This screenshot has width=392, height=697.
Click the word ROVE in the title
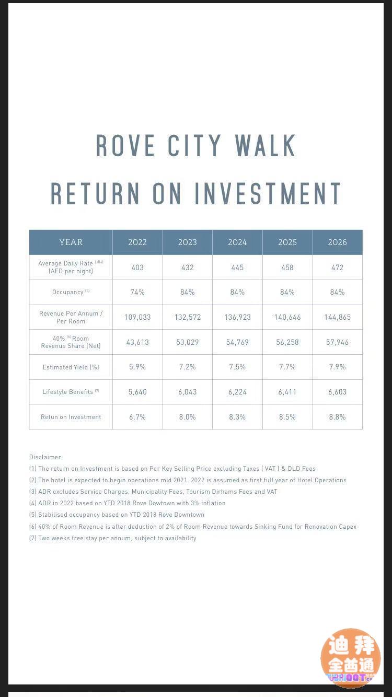pyautogui.click(x=125, y=146)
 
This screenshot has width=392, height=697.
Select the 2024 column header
pyautogui.click(x=237, y=242)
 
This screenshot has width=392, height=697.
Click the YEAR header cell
pyautogui.click(x=71, y=242)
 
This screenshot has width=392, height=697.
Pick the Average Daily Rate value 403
pyautogui.click(x=137, y=268)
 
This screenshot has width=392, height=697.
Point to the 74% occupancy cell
pyautogui.click(x=137, y=292)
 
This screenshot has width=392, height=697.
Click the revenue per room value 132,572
pyautogui.click(x=187, y=317)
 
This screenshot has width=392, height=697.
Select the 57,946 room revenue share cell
pyautogui.click(x=337, y=342)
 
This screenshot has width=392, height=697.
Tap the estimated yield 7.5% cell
pyautogui.click(x=237, y=367)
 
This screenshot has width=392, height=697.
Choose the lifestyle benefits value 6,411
pyautogui.click(x=287, y=392)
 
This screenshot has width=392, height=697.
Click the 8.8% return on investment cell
pyautogui.click(x=337, y=417)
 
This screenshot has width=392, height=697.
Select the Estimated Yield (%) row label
pyautogui.click(x=71, y=367)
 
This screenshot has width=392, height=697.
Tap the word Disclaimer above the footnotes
pyautogui.click(x=46, y=457)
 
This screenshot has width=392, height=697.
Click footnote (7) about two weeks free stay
pyautogui.click(x=113, y=538)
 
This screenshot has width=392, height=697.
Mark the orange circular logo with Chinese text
pyautogui.click(x=351, y=657)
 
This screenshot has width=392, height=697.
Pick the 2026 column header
pyautogui.click(x=337, y=242)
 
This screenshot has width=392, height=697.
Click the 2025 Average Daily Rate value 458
pyautogui.click(x=287, y=268)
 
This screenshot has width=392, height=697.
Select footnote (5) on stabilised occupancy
pyautogui.click(x=117, y=515)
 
